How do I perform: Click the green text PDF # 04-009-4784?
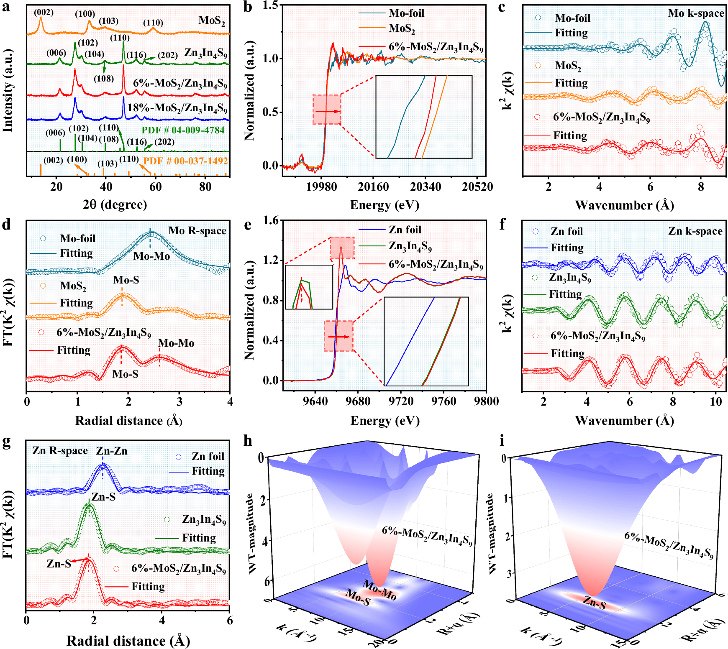click(183, 130)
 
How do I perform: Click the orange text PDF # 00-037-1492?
click(186, 161)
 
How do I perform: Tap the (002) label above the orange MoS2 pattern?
click(44, 12)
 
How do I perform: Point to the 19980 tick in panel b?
click(321, 187)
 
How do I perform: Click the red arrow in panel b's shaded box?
click(327, 111)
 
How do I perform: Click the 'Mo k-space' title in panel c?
click(696, 13)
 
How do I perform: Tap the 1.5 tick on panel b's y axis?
click(270, 5)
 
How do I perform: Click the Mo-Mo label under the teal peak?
click(151, 256)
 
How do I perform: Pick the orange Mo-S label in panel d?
click(126, 280)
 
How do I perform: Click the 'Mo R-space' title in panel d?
click(197, 231)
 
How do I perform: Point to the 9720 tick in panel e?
click(401, 401)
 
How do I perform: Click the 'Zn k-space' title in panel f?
click(695, 231)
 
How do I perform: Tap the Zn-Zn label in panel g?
click(111, 451)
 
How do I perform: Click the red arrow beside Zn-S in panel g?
click(78, 560)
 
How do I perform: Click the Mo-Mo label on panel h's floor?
click(379, 590)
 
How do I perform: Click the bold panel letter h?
click(248, 441)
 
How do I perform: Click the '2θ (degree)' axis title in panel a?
click(115, 204)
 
